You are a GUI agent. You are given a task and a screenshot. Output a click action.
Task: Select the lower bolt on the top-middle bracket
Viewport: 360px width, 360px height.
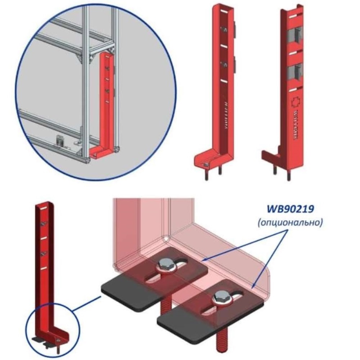coord(225,65)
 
